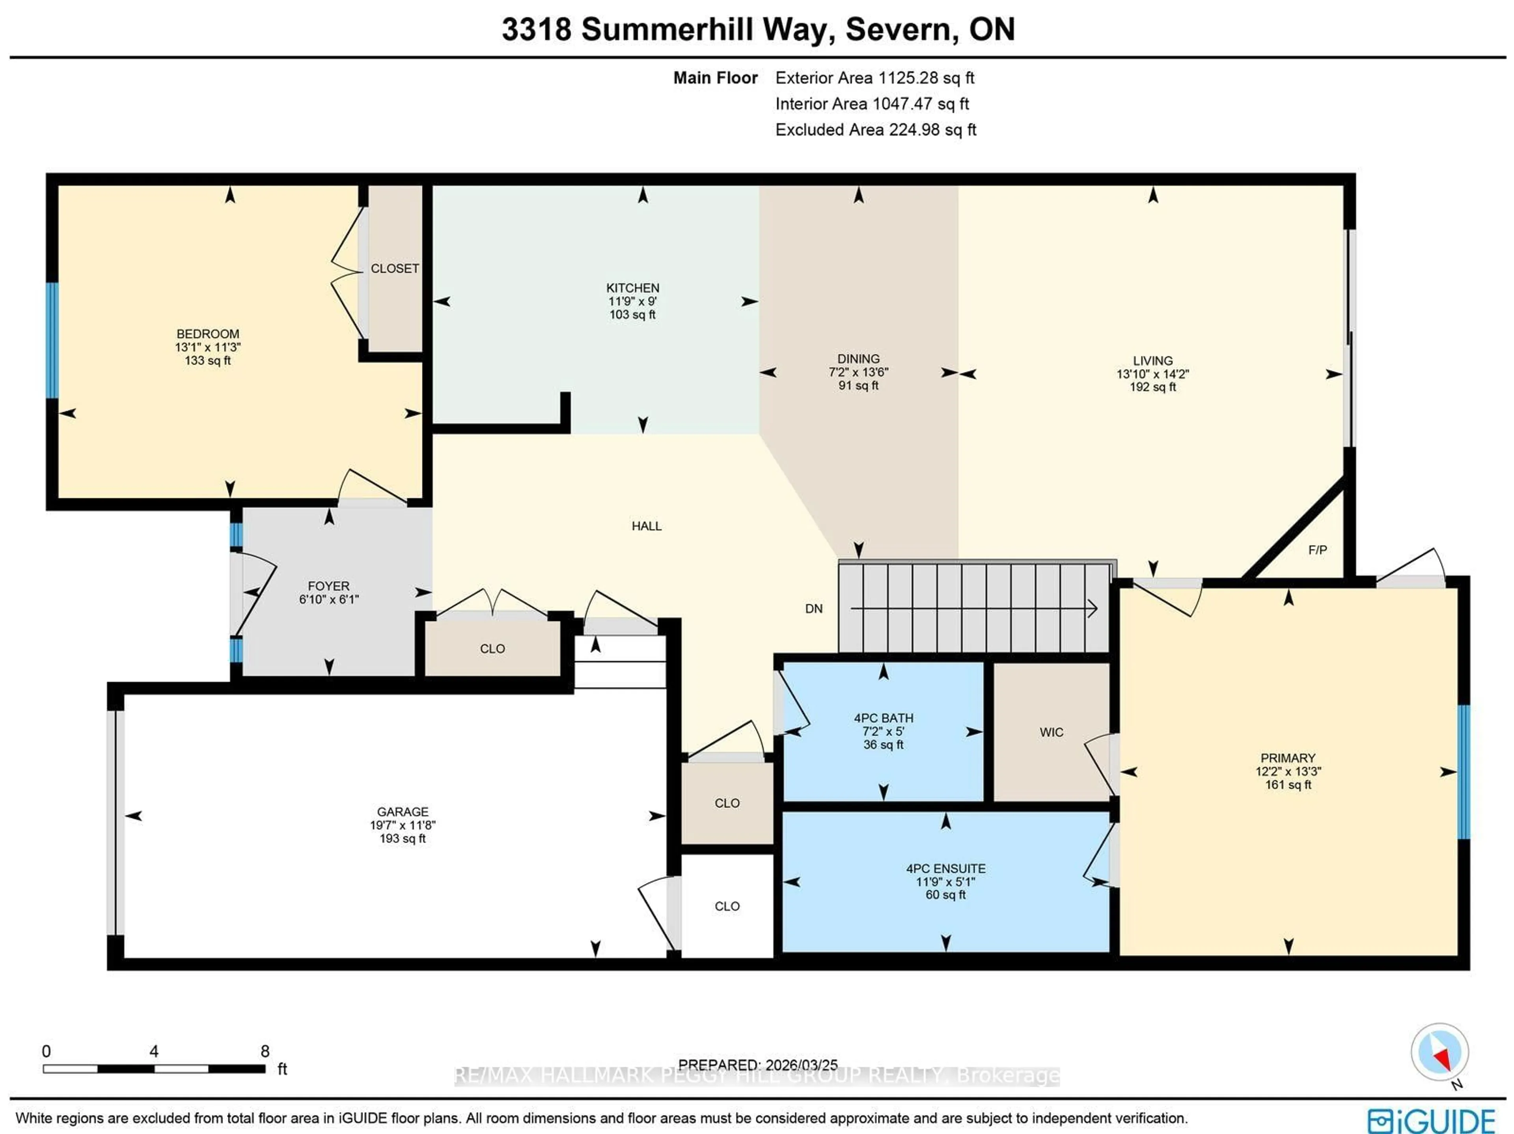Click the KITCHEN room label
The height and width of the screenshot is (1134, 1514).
(632, 288)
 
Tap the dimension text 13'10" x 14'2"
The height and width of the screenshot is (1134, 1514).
(1152, 374)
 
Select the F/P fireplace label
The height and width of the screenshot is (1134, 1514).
(1317, 550)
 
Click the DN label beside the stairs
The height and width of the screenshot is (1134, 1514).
(813, 609)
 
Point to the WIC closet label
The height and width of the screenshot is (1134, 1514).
(1051, 732)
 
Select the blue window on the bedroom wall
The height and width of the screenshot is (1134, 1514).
(52, 340)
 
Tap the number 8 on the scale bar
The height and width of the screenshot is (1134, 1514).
(265, 1051)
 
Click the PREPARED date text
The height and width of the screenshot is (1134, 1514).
(758, 1065)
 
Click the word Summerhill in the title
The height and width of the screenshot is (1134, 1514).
(678, 30)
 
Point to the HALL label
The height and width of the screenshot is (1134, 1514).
(646, 526)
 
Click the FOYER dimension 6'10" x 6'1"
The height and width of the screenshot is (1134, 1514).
(328, 599)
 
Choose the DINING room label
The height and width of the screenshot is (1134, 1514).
(858, 359)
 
